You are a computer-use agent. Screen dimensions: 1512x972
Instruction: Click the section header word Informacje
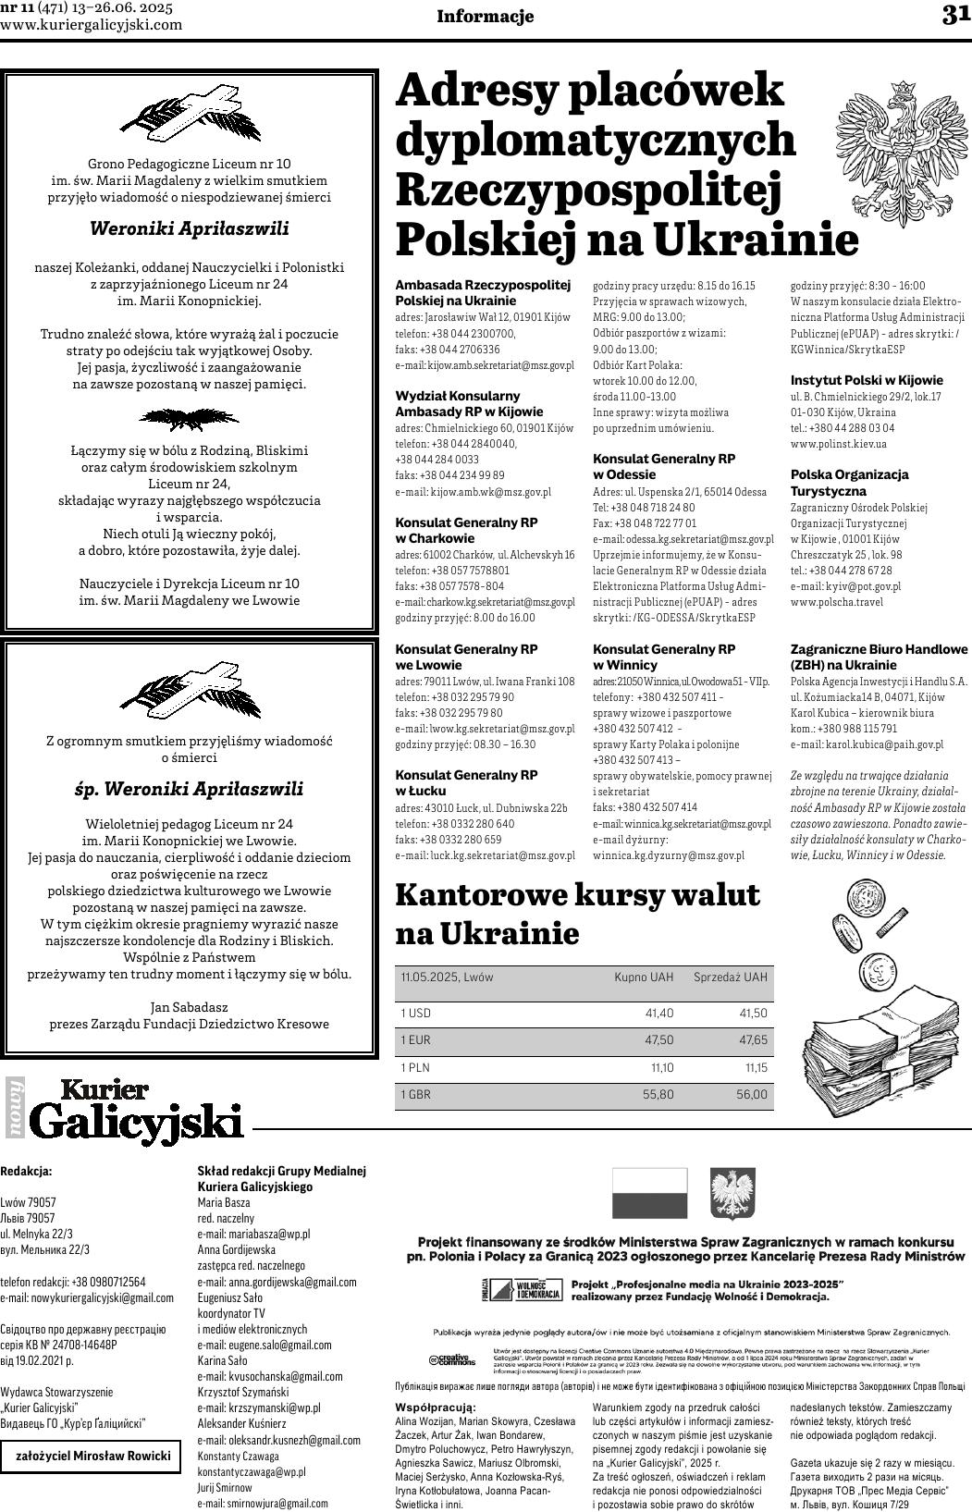pos(485,16)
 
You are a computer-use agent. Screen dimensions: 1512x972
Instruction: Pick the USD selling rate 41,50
pos(753,1014)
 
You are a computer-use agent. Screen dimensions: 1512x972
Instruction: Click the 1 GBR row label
pos(415,1095)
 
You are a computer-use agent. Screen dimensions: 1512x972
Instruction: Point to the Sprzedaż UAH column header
pos(730,977)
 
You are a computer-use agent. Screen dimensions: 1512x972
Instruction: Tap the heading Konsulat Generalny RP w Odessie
pos(663,466)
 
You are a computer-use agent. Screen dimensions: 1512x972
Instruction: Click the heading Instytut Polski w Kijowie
pos(867,380)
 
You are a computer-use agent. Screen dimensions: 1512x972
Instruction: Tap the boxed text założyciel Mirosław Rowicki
pos(92,1456)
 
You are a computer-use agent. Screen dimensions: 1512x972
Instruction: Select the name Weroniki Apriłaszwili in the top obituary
pos(189,228)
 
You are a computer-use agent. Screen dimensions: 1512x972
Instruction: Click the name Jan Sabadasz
pos(189,1006)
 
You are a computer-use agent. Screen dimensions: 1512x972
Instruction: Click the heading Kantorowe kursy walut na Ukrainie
pos(578,914)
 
